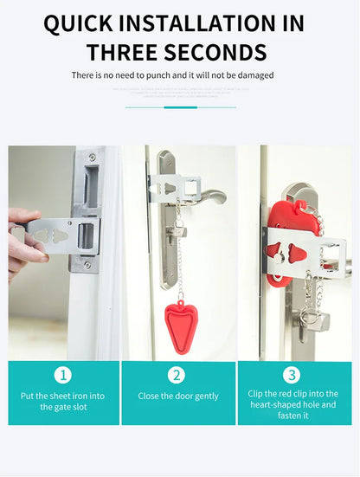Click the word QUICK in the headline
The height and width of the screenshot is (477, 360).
coord(82,23)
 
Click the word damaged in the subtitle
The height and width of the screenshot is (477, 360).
coord(254,75)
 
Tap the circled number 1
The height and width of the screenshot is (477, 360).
coord(63,375)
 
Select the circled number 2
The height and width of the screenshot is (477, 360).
coord(177,375)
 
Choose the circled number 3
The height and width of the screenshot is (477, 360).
coord(292,375)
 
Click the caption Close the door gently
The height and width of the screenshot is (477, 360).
coord(178,396)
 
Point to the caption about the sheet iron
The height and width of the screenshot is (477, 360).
coord(63,403)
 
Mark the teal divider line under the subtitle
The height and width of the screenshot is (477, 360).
coord(180,107)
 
